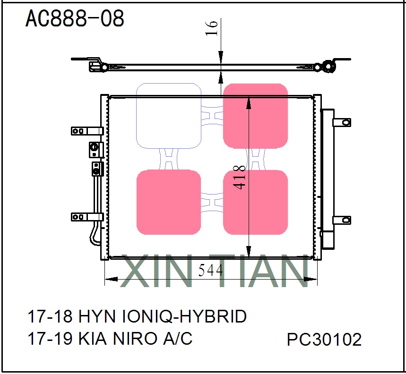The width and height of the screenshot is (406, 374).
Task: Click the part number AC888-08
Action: click(x=75, y=18)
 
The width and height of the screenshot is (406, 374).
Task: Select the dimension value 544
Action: click(x=211, y=271)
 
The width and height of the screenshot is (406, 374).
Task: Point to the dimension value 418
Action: click(x=240, y=177)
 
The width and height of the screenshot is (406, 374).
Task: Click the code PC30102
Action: click(x=324, y=340)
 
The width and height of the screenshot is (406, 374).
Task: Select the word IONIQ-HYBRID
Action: click(x=185, y=316)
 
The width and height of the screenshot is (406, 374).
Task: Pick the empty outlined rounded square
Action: click(x=169, y=116)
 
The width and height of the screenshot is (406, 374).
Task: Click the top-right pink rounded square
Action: click(x=255, y=116)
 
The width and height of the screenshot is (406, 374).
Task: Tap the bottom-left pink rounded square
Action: click(x=169, y=202)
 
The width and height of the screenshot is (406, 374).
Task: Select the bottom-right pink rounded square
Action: click(x=255, y=202)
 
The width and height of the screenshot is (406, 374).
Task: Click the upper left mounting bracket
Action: click(x=87, y=131)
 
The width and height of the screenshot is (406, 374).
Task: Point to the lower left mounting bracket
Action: click(x=87, y=217)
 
